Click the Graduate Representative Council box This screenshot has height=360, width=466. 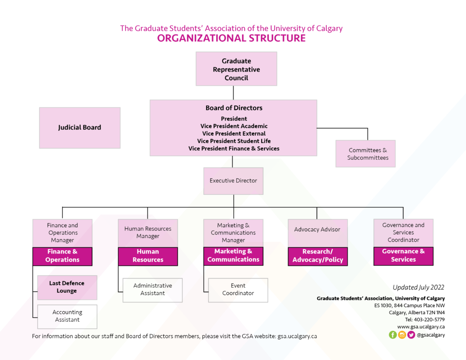[236, 69]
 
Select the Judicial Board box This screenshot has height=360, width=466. [80, 128]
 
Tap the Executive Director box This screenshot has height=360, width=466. [233, 181]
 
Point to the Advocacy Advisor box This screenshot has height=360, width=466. [317, 230]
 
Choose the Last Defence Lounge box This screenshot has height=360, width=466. [67, 287]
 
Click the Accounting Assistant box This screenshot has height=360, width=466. [67, 316]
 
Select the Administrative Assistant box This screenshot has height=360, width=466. [152, 290]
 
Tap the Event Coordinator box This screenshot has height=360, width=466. [238, 290]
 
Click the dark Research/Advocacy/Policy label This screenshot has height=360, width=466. [318, 256]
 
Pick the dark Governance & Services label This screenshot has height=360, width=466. [403, 256]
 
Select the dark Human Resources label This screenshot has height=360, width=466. [148, 256]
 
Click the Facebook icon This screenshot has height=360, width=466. [393, 335]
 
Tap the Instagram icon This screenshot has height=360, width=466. [402, 335]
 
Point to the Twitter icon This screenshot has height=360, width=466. [411, 335]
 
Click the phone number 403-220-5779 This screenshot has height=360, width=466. [428, 319]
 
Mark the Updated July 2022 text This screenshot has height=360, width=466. [418, 288]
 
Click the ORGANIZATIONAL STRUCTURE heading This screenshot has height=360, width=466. [231, 38]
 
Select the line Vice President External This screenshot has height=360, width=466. [234, 134]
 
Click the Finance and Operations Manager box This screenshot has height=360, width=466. [62, 233]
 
